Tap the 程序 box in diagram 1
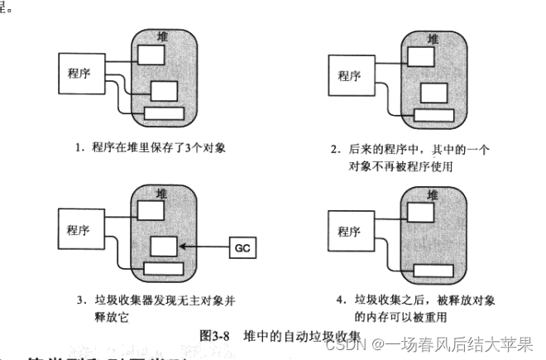tap(79, 72)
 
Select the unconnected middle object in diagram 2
tap(433, 93)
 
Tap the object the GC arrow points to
tap(163, 247)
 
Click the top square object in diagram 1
tap(150, 55)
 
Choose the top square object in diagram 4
tap(420, 213)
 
